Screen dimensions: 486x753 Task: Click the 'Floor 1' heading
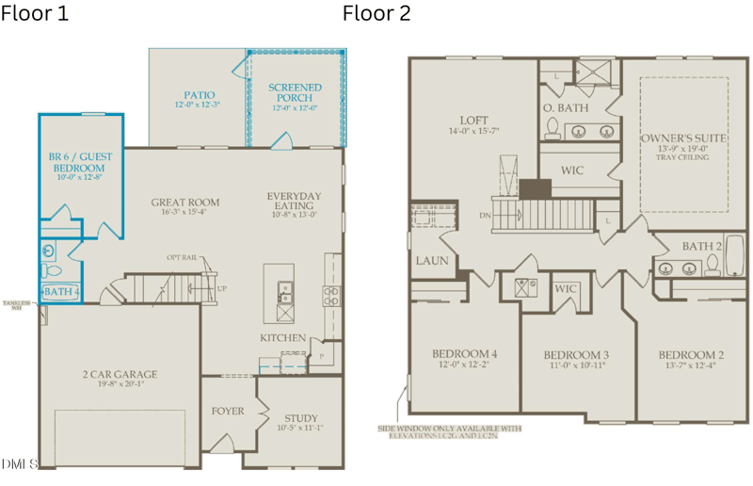pyautogui.click(x=36, y=14)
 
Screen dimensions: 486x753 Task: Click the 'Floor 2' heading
pyautogui.click(x=376, y=14)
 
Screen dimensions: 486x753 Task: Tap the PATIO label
pyautogui.click(x=199, y=95)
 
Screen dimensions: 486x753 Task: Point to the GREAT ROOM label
pyautogui.click(x=185, y=202)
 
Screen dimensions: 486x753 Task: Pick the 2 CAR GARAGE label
pyautogui.click(x=119, y=375)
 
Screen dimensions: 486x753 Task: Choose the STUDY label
pyautogui.click(x=299, y=417)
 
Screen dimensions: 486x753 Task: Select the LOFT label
pyautogui.click(x=473, y=121)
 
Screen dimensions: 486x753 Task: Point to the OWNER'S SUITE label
pyautogui.click(x=684, y=138)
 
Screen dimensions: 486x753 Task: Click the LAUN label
pyautogui.click(x=432, y=261)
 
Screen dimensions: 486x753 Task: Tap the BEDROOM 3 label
pyautogui.click(x=576, y=355)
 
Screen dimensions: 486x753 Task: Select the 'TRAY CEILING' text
pyautogui.click(x=683, y=157)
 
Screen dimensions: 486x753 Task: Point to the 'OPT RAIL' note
pyautogui.click(x=181, y=257)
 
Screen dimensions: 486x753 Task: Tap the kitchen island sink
pyautogui.click(x=283, y=288)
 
